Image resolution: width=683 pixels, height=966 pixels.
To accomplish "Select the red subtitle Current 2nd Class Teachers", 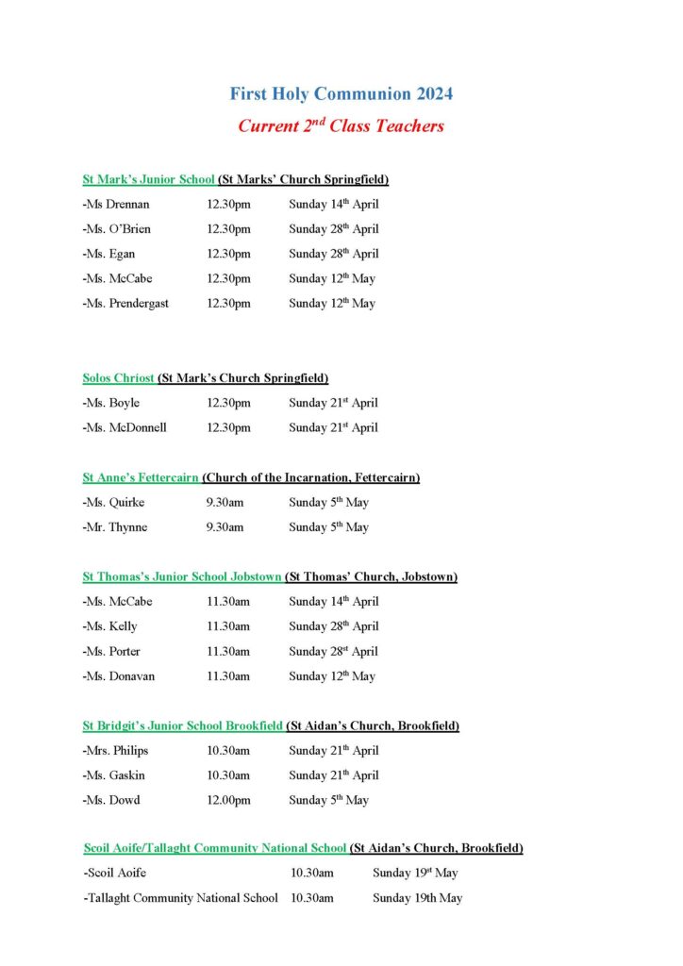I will (341, 125).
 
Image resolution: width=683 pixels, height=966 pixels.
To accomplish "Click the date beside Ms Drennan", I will (333, 205).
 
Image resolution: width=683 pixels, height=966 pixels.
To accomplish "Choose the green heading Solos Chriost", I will (118, 378).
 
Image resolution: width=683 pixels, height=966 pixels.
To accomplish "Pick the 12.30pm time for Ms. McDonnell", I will (228, 427).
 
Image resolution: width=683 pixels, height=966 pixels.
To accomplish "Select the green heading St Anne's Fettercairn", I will (141, 477).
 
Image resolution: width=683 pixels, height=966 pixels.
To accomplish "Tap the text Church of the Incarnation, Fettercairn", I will (311, 477).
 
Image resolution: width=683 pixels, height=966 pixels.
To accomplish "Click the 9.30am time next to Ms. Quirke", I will (225, 503).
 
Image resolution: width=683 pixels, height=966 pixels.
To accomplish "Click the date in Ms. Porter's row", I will (333, 652).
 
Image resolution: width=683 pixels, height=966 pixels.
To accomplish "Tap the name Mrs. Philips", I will (116, 751).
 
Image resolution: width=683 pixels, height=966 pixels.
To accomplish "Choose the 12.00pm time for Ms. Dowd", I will (228, 801).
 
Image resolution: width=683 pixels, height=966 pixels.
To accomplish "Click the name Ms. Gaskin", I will (114, 775).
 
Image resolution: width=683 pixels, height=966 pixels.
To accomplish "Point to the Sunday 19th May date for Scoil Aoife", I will (417, 874).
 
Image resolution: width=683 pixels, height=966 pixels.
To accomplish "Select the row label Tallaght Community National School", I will (181, 898).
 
